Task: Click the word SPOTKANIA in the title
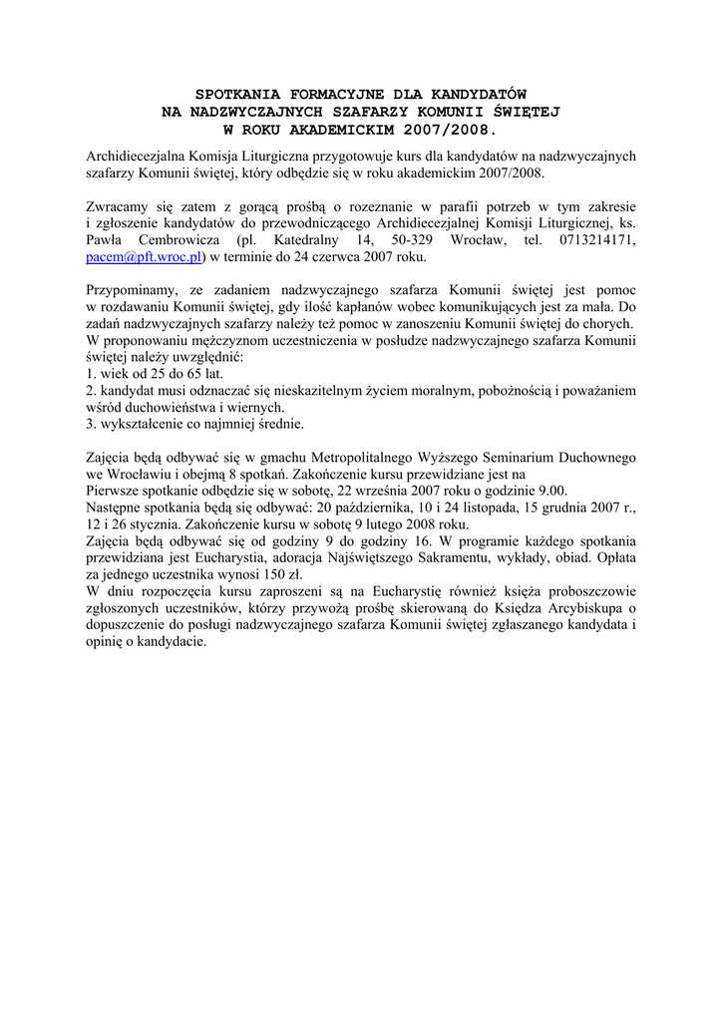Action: tap(235, 93)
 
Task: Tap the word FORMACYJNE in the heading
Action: tap(327, 93)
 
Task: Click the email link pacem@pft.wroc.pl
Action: tap(145, 257)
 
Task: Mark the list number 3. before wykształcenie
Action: tap(91, 425)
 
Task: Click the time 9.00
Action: tap(550, 491)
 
